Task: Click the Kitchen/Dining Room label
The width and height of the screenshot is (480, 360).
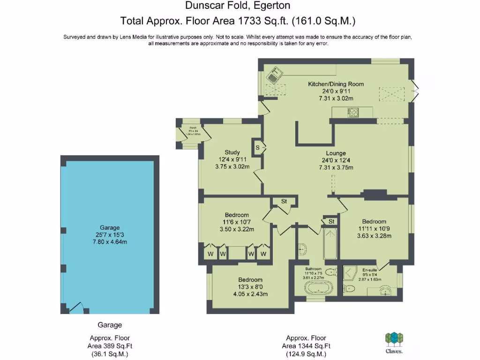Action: (336, 84)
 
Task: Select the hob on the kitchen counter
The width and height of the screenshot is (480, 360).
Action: (353, 112)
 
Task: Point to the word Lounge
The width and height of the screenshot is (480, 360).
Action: (336, 153)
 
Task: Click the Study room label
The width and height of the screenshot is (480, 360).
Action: (232, 152)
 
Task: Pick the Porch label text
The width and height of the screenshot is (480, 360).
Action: (192, 127)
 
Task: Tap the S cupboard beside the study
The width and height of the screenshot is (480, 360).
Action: (257, 148)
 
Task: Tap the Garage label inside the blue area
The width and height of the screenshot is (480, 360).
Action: (110, 228)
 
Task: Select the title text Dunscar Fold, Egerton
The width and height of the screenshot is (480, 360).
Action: (237, 6)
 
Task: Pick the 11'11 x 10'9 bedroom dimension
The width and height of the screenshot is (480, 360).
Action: (374, 229)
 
